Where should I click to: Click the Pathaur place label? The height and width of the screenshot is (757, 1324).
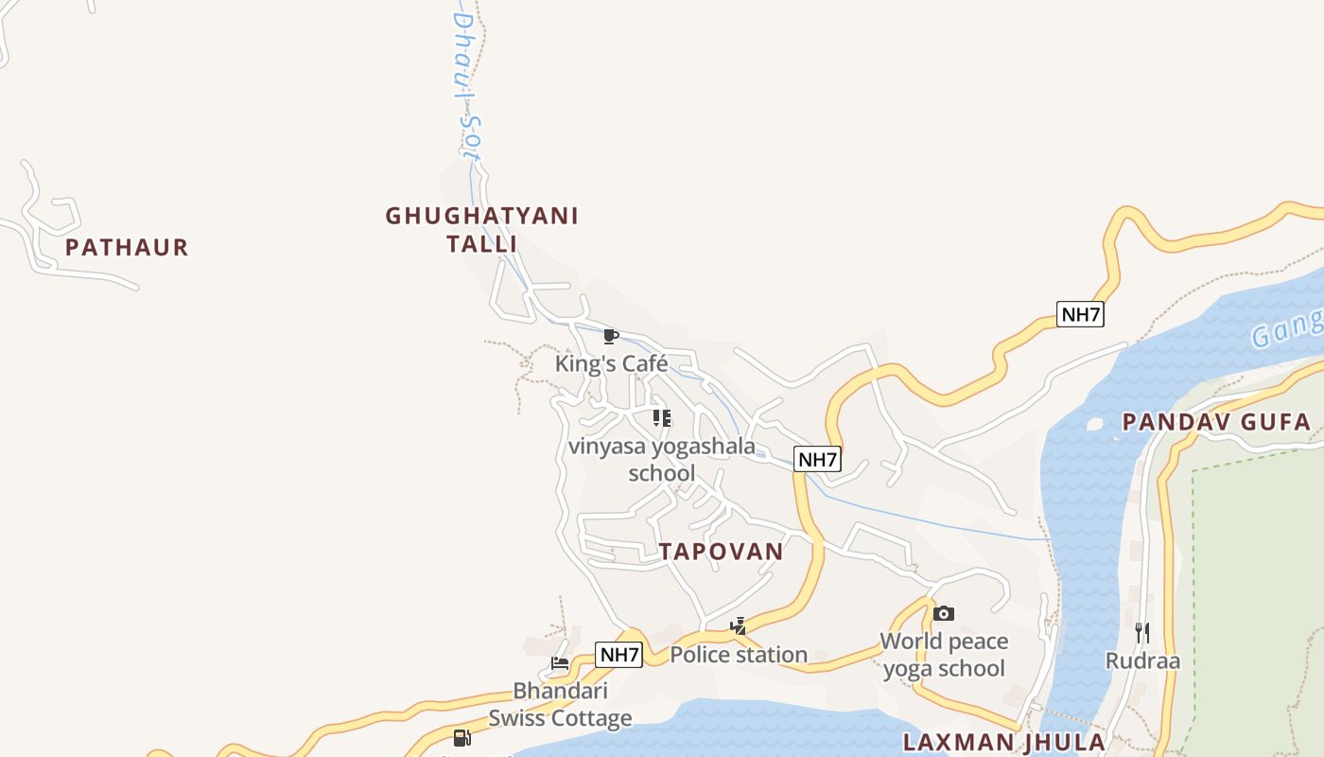tap(127, 248)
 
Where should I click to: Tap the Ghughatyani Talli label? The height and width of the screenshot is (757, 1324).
tap(481, 230)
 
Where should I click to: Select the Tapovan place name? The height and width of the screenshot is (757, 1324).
tap(721, 552)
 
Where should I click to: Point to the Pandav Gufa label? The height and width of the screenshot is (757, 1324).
tap(1216, 422)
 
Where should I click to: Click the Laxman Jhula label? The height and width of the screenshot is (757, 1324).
tap(1003, 742)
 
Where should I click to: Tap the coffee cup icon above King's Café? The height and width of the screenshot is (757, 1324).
tap(611, 336)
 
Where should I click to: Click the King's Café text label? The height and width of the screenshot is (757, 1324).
tap(611, 363)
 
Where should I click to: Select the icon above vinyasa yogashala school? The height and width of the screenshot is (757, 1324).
tap(662, 417)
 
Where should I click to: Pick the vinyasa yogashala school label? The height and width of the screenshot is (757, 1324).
tap(662, 459)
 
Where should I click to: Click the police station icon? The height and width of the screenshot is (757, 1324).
tap(738, 625)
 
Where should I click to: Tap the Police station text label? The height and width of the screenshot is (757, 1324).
tap(739, 654)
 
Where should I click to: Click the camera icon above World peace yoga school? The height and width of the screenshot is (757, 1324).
tap(943, 613)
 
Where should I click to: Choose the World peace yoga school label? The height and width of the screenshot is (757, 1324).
tap(943, 655)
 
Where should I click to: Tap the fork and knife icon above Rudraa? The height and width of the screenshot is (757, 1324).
tap(1142, 632)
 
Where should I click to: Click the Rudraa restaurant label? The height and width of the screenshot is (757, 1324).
tap(1142, 660)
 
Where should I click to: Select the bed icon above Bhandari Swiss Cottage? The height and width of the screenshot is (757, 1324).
tap(560, 662)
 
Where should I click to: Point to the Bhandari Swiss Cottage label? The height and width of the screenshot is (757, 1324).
tap(560, 704)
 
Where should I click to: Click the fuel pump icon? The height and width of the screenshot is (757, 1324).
tap(462, 738)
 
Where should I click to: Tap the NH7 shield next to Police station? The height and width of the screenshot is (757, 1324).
tap(618, 654)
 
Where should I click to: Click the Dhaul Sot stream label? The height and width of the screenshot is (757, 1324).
tap(462, 85)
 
